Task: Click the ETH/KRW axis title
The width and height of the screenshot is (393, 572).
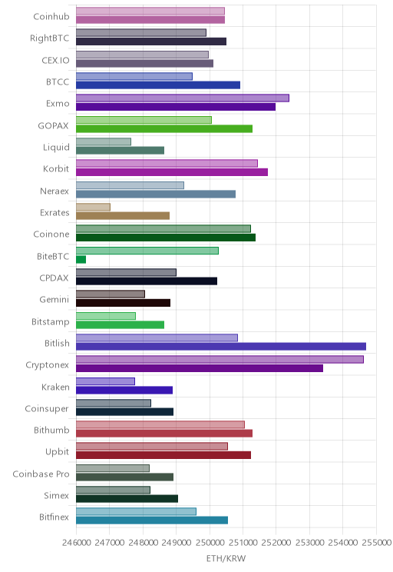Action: tap(226, 558)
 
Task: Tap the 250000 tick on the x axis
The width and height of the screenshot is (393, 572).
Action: tap(210, 542)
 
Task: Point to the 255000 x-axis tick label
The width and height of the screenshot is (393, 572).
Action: tap(376, 542)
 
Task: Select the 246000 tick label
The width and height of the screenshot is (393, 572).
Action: tap(76, 542)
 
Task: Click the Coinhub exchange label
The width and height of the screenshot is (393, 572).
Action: tap(51, 16)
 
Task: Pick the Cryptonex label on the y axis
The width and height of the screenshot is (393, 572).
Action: tap(47, 364)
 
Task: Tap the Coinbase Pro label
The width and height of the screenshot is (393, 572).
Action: tap(41, 474)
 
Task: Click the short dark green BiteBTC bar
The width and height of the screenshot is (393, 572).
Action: tap(81, 259)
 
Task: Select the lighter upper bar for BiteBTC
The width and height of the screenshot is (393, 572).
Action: tap(147, 251)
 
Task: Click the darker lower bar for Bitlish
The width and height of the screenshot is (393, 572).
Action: tap(221, 347)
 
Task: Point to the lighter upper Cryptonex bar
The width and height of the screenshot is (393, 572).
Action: tap(220, 359)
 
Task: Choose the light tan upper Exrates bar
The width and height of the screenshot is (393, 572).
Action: tap(93, 207)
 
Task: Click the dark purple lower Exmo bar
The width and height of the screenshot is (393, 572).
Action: tap(176, 107)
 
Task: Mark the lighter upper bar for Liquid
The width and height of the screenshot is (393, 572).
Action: tap(104, 141)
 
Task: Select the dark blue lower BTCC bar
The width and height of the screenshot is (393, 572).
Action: tap(158, 85)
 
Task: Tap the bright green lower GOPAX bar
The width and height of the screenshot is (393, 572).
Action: tap(164, 128)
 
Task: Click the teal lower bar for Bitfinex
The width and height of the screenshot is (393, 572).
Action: tap(152, 520)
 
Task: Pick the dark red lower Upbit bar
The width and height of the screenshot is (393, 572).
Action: tap(163, 455)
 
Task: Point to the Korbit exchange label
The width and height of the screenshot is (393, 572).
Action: tap(56, 168)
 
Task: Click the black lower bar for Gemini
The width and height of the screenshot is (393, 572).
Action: tap(123, 303)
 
